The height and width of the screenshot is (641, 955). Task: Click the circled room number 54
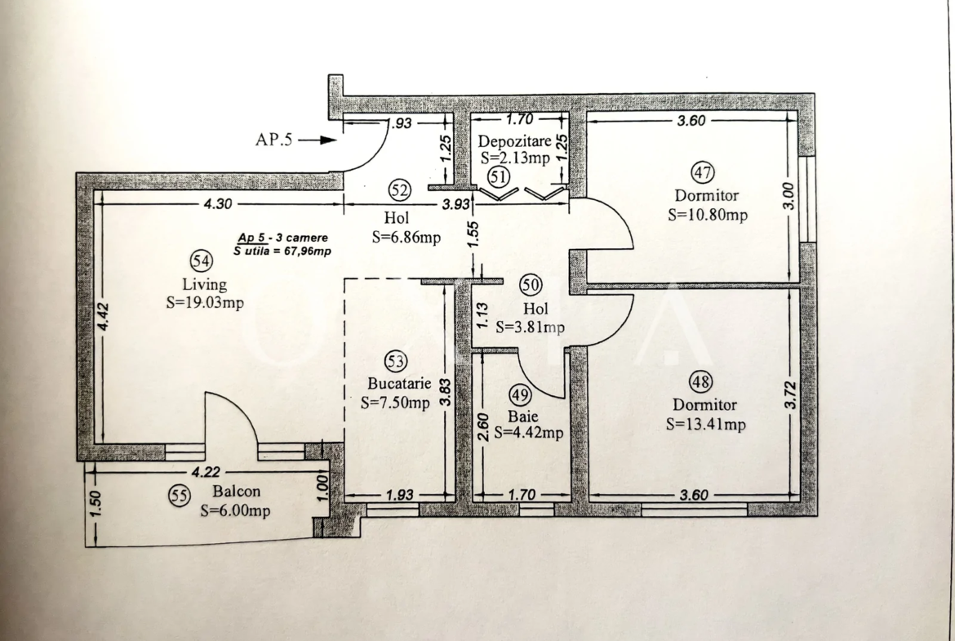202,261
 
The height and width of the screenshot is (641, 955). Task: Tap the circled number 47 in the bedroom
702,173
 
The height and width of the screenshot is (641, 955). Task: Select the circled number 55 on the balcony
179,496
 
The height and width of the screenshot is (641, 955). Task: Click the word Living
205,284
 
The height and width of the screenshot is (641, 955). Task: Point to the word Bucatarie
399,384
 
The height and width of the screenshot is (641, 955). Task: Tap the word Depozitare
515,141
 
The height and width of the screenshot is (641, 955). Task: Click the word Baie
523,416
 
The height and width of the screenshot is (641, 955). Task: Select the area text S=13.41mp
706,424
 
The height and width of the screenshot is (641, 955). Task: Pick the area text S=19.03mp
205,303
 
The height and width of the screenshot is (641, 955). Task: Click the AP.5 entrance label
273,140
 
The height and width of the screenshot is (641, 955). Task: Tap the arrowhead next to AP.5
328,140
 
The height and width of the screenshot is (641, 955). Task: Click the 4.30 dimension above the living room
217,204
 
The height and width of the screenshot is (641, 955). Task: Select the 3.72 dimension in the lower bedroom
791,395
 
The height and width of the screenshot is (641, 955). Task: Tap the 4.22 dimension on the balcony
206,472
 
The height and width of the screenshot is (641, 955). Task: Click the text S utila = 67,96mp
282,251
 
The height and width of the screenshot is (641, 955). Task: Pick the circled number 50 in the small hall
531,284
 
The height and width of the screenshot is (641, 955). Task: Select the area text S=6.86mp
406,237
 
